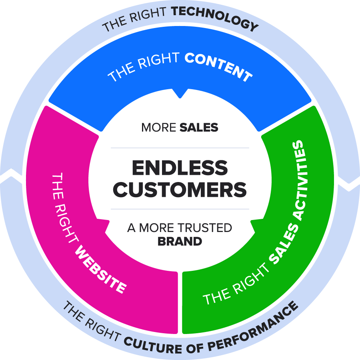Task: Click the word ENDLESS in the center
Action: click(x=180, y=168)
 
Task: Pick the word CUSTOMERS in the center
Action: click(x=180, y=190)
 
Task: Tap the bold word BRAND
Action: click(x=180, y=241)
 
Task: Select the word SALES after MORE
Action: click(x=199, y=128)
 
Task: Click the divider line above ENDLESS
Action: click(x=180, y=148)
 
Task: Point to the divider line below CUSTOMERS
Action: click(x=180, y=209)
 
